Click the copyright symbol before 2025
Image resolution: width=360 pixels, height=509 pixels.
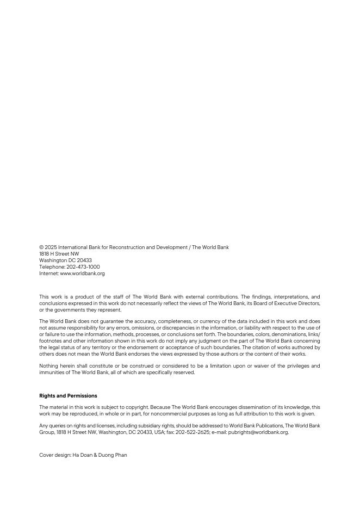click(x=41, y=247)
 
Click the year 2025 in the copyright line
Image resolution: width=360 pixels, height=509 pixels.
click(x=51, y=247)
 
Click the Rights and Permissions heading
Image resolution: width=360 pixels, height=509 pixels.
click(x=68, y=396)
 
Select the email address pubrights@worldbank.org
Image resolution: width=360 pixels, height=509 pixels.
click(x=258, y=432)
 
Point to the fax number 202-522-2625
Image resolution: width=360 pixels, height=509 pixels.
click(x=198, y=432)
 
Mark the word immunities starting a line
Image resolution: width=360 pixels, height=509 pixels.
click(x=52, y=373)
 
